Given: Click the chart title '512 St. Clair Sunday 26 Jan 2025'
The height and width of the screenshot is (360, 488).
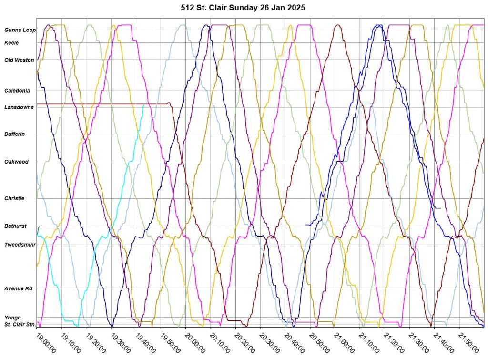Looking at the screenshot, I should [x=244, y=8].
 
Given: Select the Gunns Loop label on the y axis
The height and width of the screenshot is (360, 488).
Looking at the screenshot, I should [x=20, y=30].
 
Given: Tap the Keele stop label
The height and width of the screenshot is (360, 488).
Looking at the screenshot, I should [x=11, y=43].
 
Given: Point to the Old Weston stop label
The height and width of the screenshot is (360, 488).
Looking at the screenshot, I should [x=19, y=60].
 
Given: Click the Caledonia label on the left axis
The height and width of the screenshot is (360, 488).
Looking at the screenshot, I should [x=17, y=91].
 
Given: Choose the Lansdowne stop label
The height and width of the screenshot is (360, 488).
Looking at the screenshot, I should [x=19, y=107].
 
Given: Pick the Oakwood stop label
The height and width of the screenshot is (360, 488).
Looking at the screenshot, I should [x=16, y=162].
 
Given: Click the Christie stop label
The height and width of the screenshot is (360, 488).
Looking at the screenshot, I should [x=14, y=198].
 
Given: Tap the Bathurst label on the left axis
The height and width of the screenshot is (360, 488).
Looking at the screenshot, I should [x=15, y=226].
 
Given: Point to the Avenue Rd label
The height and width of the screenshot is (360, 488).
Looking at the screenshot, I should [x=18, y=288].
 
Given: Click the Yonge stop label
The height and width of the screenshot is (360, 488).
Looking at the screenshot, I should [x=12, y=318].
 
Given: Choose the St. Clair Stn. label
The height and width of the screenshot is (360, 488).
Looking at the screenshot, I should [x=20, y=325].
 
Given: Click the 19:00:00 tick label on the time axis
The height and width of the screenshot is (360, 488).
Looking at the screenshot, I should [x=46, y=342].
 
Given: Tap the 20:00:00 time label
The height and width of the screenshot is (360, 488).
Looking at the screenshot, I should [x=195, y=342].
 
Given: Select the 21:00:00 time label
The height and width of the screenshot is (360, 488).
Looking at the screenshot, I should [x=344, y=342].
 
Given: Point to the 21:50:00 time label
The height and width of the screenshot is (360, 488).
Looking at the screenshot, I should [x=468, y=342].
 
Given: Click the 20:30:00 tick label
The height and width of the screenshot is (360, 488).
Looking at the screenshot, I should [x=270, y=342].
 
